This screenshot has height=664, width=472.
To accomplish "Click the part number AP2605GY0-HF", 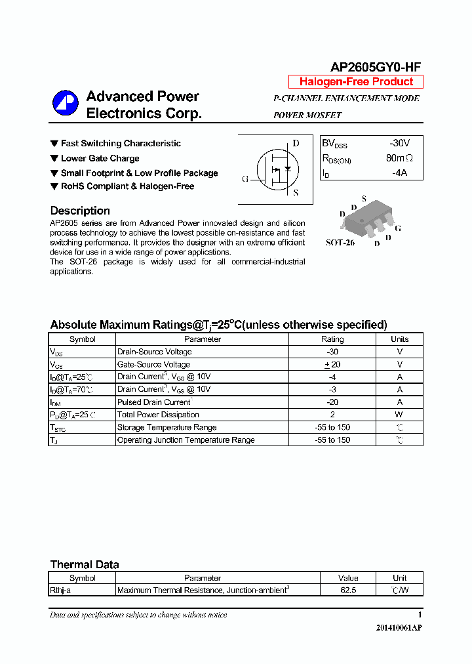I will point(376,67).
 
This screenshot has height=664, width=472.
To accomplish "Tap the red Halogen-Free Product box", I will point(356,82).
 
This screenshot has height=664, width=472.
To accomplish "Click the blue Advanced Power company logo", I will point(66,103).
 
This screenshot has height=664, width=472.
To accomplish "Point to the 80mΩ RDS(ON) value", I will point(399,158).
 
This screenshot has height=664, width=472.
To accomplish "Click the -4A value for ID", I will point(399,173).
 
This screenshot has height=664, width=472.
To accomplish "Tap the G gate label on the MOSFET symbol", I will point(245,179).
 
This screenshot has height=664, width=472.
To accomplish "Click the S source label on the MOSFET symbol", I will point(296,193).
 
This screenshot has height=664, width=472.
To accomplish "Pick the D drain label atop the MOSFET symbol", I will point(296,144).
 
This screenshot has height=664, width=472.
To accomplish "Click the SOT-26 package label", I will point(340,242).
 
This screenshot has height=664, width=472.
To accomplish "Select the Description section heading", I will point(80,211).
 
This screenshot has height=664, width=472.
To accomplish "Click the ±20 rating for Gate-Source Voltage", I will point(332,364).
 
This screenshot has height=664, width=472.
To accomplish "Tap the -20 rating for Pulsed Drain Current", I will point(332,402).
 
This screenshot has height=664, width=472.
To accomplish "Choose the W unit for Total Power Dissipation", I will point(399,415).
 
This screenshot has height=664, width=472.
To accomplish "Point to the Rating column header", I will point(332,339).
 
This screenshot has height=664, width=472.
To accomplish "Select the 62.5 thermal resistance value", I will point(347,590).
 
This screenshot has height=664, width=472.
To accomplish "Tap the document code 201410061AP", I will point(399,628).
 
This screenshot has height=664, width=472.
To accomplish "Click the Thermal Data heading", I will point(85,564).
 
